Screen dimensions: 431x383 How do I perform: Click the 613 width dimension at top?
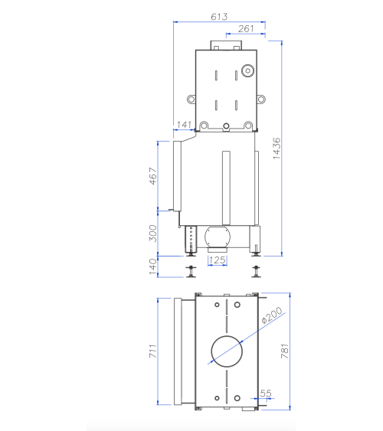point(220,15)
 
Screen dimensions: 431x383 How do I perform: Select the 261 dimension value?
point(246,28)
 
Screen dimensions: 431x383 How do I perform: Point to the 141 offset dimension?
point(184,124)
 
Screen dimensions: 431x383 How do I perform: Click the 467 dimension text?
point(153,177)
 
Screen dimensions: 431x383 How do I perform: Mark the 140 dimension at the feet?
point(152,265)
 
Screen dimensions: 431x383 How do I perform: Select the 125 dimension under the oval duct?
point(218,260)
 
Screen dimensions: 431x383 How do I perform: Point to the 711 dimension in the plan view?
point(152,352)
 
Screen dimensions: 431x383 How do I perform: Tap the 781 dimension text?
point(286,351)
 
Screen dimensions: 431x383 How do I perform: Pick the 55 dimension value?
point(267,393)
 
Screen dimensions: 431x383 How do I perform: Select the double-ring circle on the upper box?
point(247,71)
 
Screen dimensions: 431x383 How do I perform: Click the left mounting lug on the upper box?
point(189,99)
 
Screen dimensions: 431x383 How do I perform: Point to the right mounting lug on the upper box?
point(261,98)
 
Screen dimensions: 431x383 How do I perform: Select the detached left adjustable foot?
point(189,270)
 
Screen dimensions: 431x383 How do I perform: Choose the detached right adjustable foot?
point(256,270)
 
